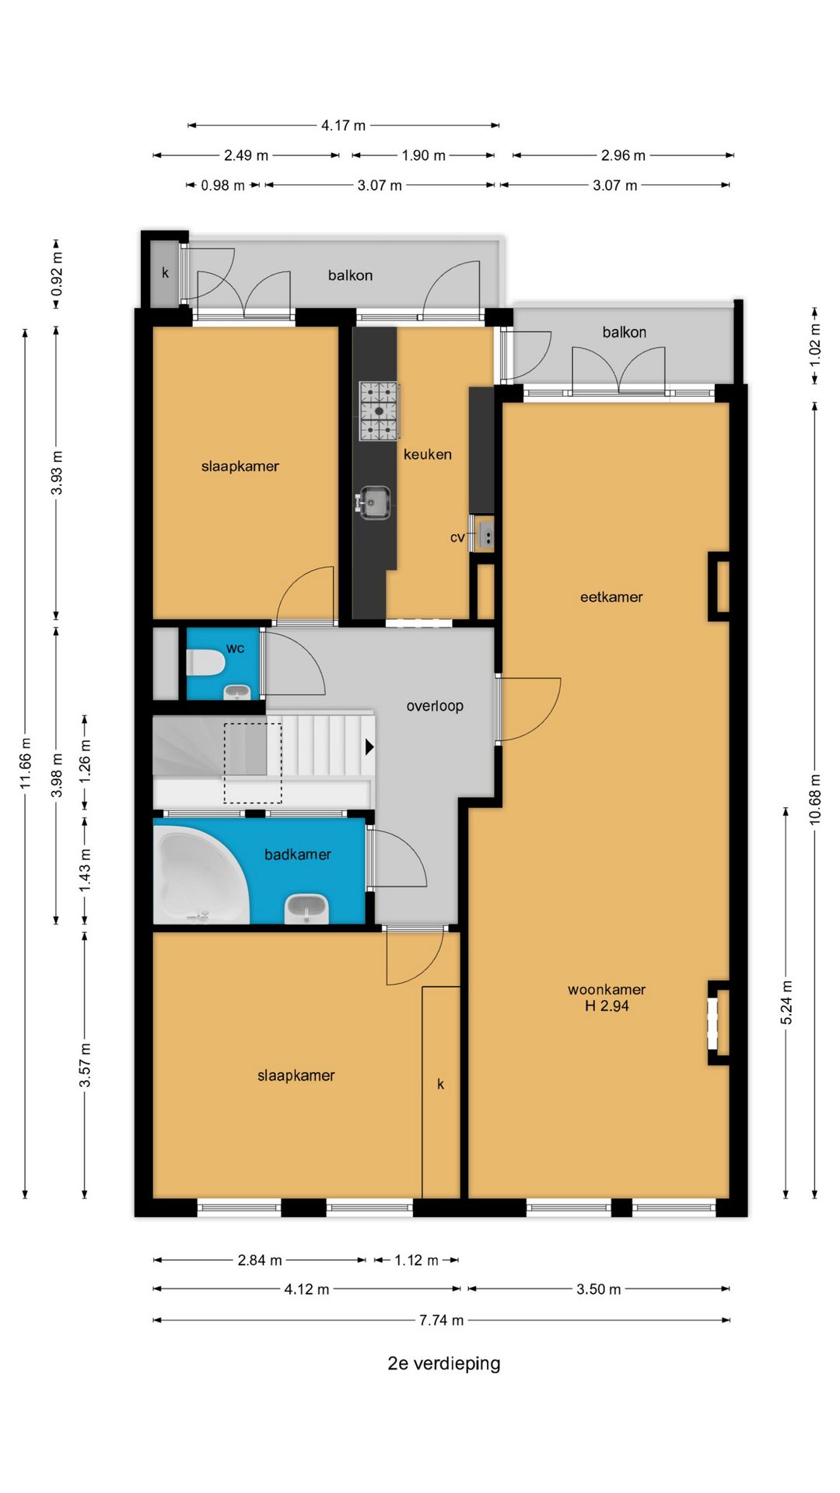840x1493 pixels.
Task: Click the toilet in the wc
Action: tap(206, 663)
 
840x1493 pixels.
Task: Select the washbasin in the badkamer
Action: tap(306, 908)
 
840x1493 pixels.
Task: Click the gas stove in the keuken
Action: tap(379, 411)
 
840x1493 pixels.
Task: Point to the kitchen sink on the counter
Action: tap(373, 502)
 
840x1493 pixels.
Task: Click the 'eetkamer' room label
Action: tap(611, 597)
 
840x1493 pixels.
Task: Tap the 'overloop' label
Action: tap(435, 706)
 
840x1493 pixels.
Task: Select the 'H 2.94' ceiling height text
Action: tap(607, 1005)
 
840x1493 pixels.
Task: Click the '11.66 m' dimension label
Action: tap(26, 764)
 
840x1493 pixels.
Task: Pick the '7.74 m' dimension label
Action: tap(441, 1320)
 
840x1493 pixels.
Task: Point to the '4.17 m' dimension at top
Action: tap(343, 125)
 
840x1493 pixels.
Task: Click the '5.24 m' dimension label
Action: tap(786, 1002)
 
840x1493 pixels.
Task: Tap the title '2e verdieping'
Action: tap(444, 1363)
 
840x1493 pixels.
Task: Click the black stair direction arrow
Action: tap(369, 747)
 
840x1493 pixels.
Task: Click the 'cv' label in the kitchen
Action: tap(457, 537)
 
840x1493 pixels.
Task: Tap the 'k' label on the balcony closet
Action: tap(165, 273)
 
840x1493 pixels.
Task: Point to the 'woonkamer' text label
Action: tap(607, 989)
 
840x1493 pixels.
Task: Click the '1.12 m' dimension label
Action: tap(416, 1260)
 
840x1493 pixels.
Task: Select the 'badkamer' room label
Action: tap(298, 855)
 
